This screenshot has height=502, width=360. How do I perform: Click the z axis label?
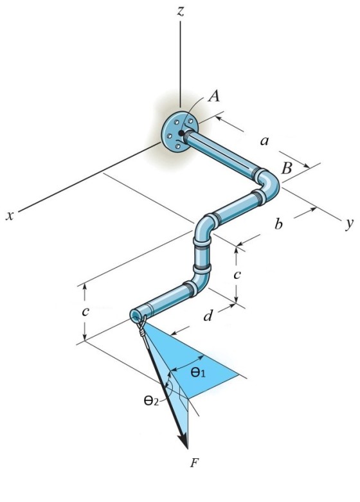point(181,12)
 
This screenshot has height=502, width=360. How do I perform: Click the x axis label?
point(10,216)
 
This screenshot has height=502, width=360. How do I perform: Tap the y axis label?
point(350,224)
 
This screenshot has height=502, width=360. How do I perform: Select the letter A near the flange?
point(214,96)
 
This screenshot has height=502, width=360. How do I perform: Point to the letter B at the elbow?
point(287,168)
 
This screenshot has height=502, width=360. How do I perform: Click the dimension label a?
point(264,141)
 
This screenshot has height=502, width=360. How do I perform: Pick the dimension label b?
point(278,224)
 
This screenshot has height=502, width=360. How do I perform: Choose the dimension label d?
point(208,316)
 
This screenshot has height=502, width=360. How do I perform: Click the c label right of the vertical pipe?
point(237,274)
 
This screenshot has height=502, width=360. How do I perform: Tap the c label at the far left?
point(85,312)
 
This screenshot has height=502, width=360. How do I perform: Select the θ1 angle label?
point(197,372)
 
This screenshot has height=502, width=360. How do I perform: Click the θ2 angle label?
point(151,400)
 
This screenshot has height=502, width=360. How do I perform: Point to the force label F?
point(194,463)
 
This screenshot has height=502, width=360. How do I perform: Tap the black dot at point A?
point(181,133)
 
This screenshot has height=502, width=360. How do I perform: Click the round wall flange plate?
point(179,131)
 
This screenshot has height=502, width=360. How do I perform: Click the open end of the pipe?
point(135,316)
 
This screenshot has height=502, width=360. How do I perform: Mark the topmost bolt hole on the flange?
point(190,121)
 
